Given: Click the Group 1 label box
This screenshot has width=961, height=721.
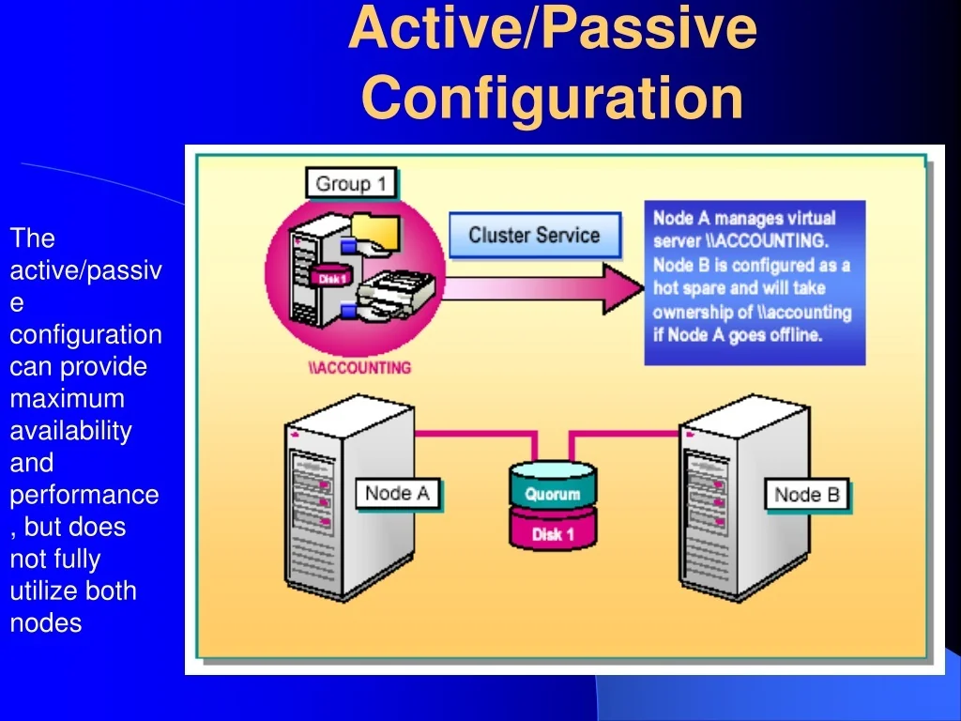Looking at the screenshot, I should pos(351,183).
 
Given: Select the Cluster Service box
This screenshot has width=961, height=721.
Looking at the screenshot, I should pos(534,235).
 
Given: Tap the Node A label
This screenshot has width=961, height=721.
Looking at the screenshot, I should pos(397,494).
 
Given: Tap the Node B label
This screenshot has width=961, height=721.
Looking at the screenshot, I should pos(806,495).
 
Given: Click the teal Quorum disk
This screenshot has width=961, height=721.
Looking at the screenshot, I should pos(552,489).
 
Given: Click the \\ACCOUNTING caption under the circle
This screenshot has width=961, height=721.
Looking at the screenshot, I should pos(359,367).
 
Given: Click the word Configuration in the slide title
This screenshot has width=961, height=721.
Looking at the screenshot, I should pos(552,97).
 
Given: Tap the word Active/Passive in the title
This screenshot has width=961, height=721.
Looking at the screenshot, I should pos(552,28).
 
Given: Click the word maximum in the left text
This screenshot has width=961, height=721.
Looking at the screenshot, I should pos(67,399).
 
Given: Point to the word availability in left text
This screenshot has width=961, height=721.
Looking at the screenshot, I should pos(70,431).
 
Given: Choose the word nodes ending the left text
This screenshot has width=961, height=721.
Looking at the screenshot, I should pos(45,622).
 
